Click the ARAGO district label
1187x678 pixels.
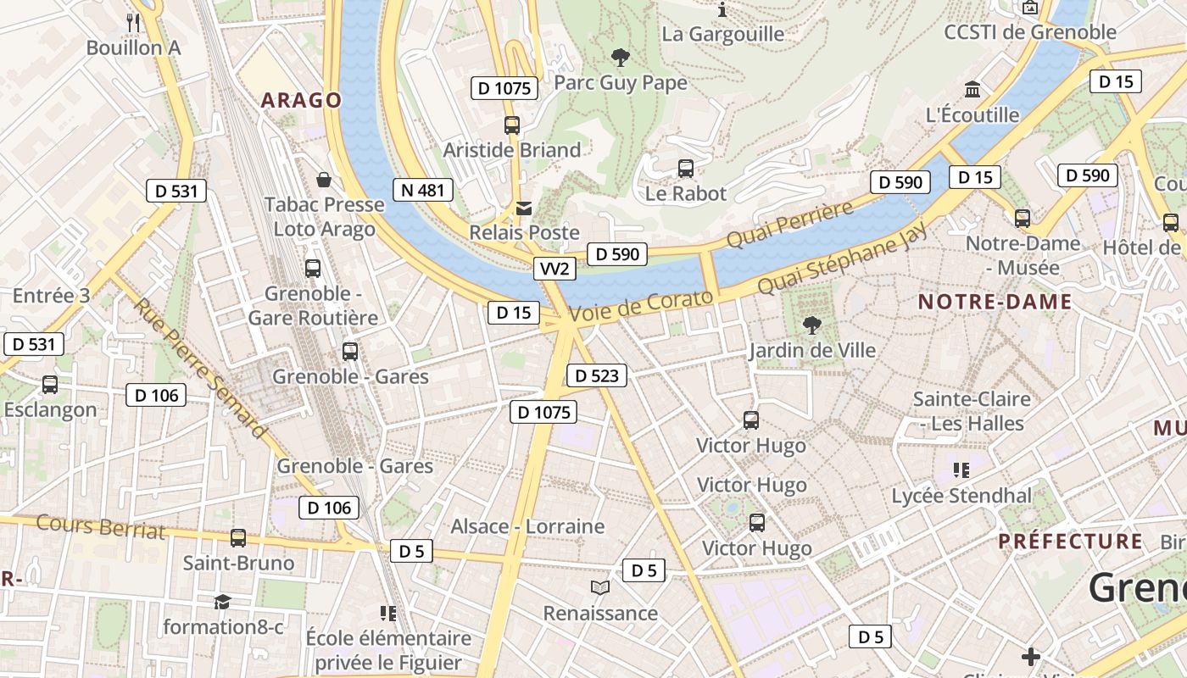(301, 101)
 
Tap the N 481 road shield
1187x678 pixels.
(422, 190)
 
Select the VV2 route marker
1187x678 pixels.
(555, 270)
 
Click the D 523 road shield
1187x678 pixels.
(596, 375)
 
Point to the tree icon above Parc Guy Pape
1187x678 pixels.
(621, 58)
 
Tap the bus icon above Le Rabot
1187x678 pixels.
(686, 169)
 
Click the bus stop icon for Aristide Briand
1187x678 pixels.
(512, 125)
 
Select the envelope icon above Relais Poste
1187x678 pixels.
(525, 208)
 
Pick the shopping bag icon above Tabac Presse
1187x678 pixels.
(324, 180)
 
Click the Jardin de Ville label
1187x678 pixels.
(811, 350)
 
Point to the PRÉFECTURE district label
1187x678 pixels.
(1070, 541)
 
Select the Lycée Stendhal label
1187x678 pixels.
(961, 496)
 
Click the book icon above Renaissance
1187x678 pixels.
(600, 587)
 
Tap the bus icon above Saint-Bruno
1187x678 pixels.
(238, 538)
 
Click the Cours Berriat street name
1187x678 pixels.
(100, 527)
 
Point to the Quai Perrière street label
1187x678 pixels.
(789, 225)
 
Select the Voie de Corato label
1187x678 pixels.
(641, 306)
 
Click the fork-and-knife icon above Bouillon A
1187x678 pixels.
(133, 22)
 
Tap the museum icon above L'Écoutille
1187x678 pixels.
(972, 90)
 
